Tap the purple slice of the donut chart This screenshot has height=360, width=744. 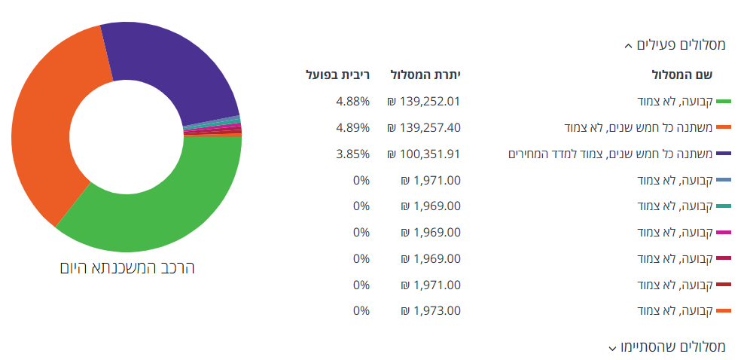[x=181, y=68]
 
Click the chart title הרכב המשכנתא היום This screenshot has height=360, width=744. [x=127, y=267]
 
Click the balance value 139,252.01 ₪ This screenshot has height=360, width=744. [x=423, y=101]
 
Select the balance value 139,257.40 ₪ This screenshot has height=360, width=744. [x=423, y=127]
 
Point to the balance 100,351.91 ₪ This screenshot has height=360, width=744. [x=423, y=154]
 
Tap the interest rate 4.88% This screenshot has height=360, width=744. [x=352, y=101]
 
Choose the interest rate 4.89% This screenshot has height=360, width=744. [x=352, y=127]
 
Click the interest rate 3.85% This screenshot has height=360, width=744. [x=352, y=154]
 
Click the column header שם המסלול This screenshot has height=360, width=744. [x=681, y=75]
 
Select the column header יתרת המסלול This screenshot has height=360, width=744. [x=425, y=75]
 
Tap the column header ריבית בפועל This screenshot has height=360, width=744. [x=338, y=75]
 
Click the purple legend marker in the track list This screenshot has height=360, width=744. [x=724, y=154]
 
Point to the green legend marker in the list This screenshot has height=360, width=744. [x=724, y=101]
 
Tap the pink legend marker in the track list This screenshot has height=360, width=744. [x=724, y=233]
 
